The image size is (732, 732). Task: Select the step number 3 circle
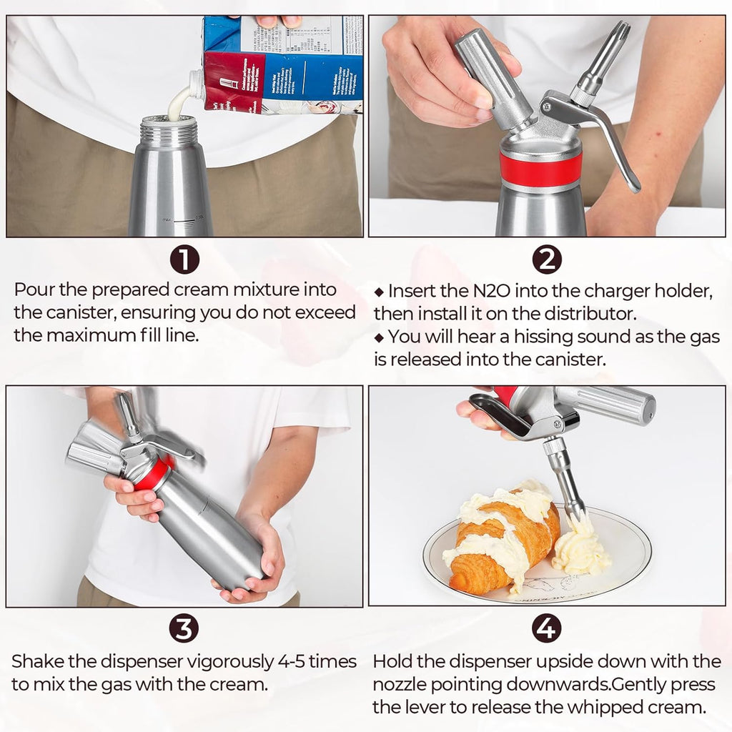(x=184, y=628)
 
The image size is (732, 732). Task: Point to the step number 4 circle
(x=547, y=628)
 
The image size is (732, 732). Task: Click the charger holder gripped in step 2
(x=490, y=79)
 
